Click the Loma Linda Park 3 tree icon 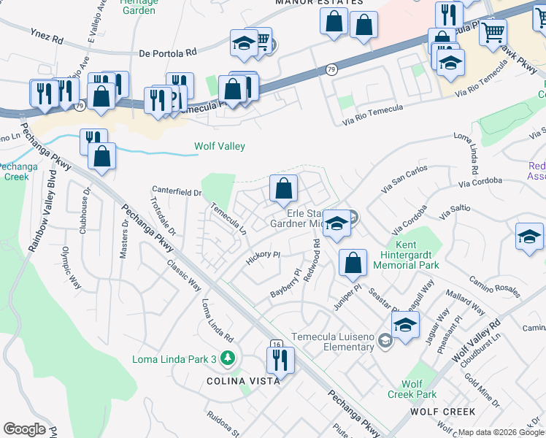tap(228, 358)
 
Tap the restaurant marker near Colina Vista tap(280, 360)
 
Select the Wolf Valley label tap(220, 146)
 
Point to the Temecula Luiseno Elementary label tap(333, 342)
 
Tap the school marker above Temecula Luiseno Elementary tap(405, 326)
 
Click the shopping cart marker tap(493, 31)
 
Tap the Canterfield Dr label tap(176, 193)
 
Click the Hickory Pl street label tap(264, 257)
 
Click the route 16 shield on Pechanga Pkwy tap(276, 344)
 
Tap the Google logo tap(25, 429)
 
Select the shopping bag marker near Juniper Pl tap(353, 264)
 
